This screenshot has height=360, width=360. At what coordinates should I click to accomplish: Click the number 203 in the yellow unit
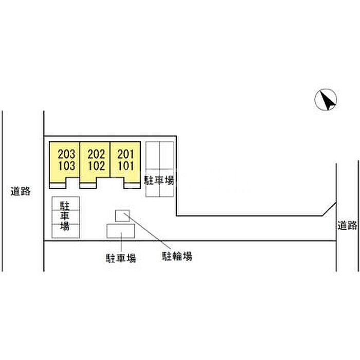tap(66, 154)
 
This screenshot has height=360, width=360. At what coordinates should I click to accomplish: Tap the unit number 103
tap(66, 166)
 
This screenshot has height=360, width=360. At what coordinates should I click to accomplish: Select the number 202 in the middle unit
tap(96, 154)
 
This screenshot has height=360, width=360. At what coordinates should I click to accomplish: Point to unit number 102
tap(96, 166)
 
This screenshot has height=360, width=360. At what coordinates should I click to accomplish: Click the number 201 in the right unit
tap(125, 154)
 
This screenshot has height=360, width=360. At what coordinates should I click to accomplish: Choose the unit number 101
tap(125, 166)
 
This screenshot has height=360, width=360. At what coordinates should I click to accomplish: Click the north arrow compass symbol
tap(326, 100)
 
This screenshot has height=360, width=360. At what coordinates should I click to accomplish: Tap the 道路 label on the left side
tap(21, 191)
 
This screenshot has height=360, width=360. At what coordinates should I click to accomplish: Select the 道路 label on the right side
tap(347, 225)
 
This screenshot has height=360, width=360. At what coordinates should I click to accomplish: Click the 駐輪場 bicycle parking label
tap(177, 256)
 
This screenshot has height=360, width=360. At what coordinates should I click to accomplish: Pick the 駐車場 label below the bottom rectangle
tap(121, 258)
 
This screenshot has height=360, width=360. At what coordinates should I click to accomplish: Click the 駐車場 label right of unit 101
tap(159, 181)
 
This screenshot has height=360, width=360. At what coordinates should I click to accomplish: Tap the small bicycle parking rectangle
tap(122, 216)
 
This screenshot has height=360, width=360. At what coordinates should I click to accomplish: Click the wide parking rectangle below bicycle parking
tap(121, 231)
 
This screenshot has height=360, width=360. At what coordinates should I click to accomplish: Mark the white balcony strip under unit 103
tap(58, 186)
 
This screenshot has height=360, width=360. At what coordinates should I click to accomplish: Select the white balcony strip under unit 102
tap(88, 186)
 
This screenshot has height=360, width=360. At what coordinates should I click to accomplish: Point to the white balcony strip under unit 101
tap(132, 186)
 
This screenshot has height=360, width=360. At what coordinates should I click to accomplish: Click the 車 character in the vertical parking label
tap(65, 217)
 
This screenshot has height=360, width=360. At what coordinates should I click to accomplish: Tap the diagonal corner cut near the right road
tap(330, 209)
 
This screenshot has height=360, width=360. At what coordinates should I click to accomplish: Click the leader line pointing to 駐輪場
tap(147, 231)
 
